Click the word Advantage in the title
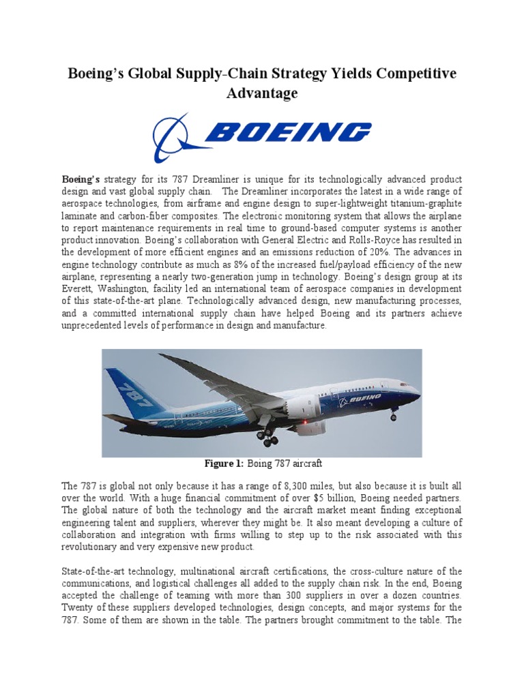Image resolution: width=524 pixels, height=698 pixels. (x=262, y=93)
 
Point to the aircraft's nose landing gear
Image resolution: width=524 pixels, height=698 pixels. (x=393, y=414)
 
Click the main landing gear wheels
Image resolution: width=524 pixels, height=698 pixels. (x=267, y=438)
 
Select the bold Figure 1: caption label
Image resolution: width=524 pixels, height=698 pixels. (x=224, y=464)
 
